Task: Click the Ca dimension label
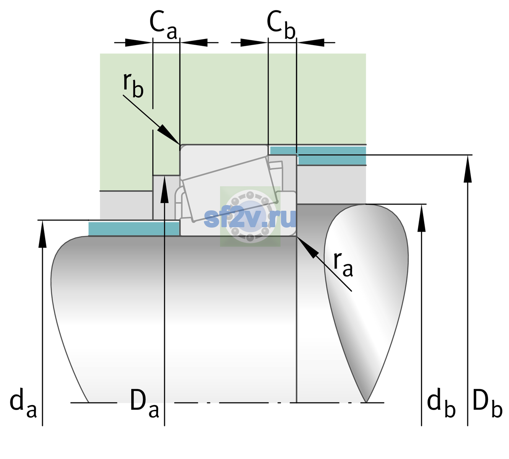click(x=163, y=25)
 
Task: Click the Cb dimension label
click(x=281, y=25)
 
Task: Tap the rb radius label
click(x=133, y=85)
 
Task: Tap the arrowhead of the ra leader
click(x=308, y=247)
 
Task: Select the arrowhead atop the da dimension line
click(x=42, y=234)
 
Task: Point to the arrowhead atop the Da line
click(x=165, y=189)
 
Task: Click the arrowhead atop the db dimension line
click(x=421, y=218)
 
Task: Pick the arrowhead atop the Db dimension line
click(x=468, y=169)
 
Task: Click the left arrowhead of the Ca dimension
click(x=139, y=42)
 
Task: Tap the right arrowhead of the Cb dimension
click(x=310, y=42)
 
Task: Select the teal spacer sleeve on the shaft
click(x=134, y=228)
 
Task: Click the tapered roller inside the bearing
click(x=230, y=189)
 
